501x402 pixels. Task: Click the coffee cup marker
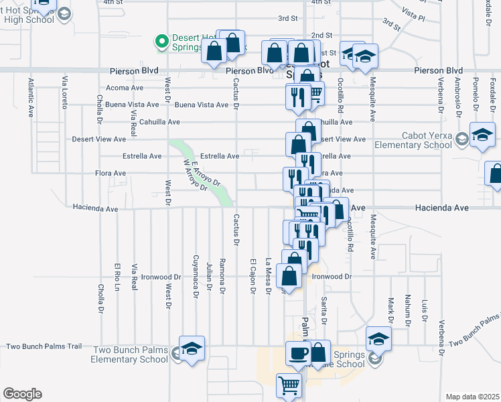coord(298,352)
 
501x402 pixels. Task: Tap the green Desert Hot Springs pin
coord(161,42)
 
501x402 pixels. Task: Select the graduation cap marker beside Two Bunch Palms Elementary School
coord(192,349)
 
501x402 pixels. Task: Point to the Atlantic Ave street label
coord(31,98)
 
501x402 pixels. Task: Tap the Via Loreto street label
coord(65,94)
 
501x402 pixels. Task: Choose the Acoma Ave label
coord(125,88)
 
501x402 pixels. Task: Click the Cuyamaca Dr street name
coord(196,275)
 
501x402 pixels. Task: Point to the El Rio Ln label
coord(117,277)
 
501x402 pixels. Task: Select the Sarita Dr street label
coord(324,310)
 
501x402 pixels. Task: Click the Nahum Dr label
coord(407,306)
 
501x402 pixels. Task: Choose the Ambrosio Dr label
coord(457,97)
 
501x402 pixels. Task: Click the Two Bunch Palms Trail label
coord(44,346)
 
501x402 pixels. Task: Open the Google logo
coord(21,394)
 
